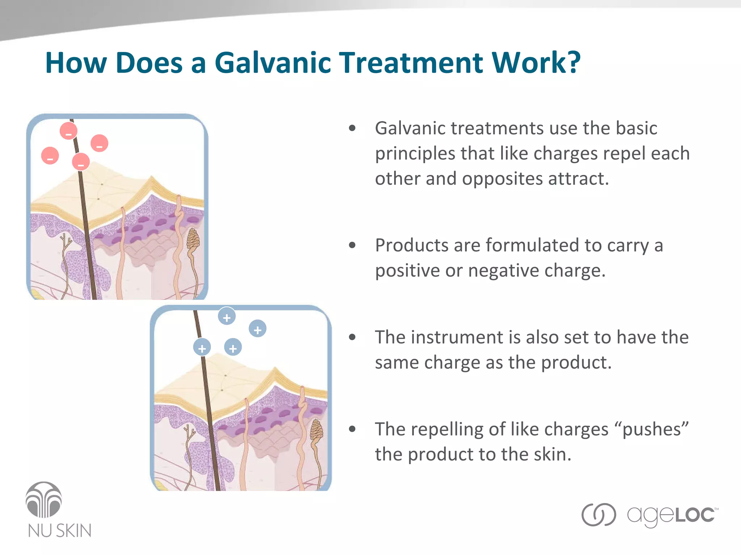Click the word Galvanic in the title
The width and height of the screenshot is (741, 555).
point(273,63)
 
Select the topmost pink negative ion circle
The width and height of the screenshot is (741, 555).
point(68,131)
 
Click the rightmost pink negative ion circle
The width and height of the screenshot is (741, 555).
point(99,143)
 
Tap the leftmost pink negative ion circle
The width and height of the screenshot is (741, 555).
point(50,156)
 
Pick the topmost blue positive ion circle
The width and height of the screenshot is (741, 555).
point(227,316)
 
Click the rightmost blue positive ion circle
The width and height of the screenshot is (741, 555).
point(258,328)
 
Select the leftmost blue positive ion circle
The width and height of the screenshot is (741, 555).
point(202,347)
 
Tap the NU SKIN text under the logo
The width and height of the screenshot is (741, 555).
point(60,530)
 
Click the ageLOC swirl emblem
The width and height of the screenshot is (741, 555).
point(598,515)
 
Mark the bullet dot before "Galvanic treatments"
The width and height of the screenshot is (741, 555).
point(352,128)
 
